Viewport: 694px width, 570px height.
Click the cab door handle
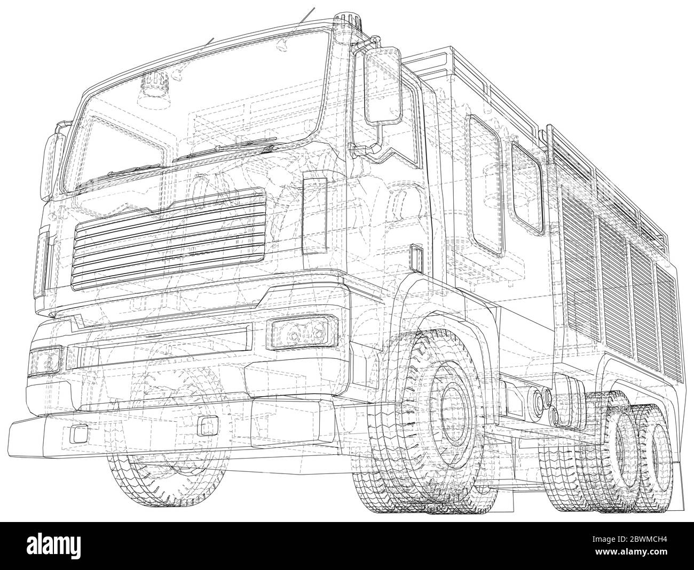coord(415,255)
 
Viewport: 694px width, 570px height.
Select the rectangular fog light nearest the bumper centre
coord(204,425)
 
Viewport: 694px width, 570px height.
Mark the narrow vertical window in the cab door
coord(315,216)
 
